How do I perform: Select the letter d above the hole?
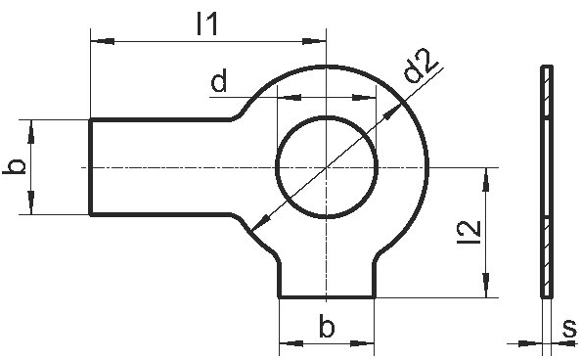pyautogui.click(x=219, y=82)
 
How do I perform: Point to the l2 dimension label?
pyautogui.click(x=469, y=232)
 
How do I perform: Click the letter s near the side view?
pyautogui.click(x=569, y=328)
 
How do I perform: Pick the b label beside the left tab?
pyautogui.click(x=14, y=166)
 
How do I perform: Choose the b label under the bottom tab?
pyautogui.click(x=327, y=327)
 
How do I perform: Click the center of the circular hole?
pyautogui.click(x=327, y=167)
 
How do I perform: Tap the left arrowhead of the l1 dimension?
pyautogui.click(x=103, y=41)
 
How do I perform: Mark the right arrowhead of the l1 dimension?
pyautogui.click(x=314, y=41)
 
